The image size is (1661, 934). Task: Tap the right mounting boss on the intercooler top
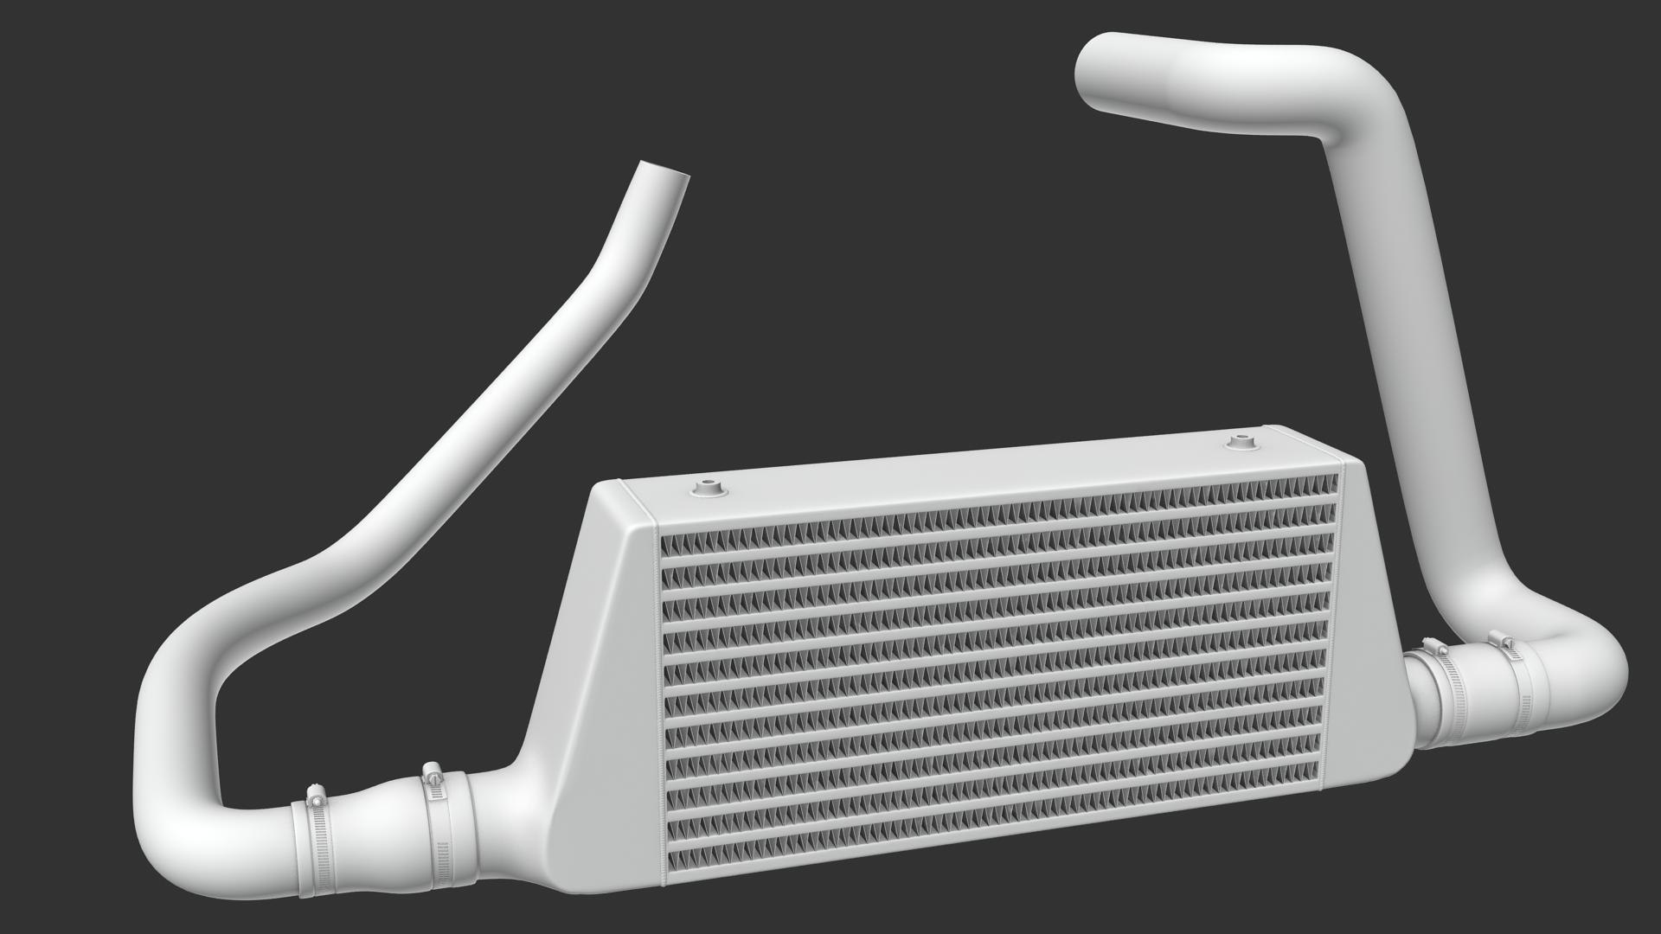coord(1242,442)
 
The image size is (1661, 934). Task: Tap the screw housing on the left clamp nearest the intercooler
coord(432,773)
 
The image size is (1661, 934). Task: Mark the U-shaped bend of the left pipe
coord(173,761)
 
